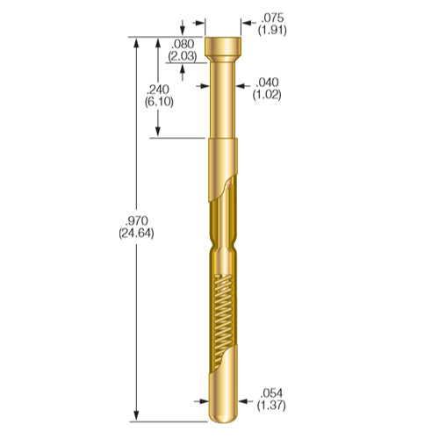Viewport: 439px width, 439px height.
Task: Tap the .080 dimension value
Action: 183,43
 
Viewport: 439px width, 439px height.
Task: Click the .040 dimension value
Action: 267,83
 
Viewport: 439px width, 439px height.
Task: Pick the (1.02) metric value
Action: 267,95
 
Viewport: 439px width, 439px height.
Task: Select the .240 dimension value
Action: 158,90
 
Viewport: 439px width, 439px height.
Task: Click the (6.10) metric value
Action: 158,102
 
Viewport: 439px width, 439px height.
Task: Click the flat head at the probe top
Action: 223,46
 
